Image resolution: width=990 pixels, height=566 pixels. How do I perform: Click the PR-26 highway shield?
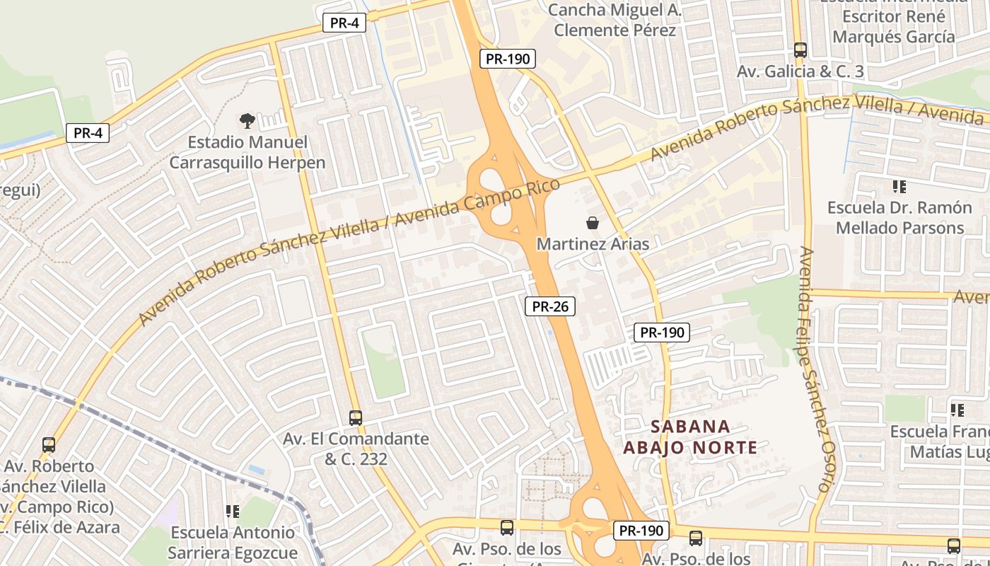(x=550, y=306)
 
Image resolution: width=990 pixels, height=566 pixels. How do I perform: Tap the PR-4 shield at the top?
(x=344, y=23)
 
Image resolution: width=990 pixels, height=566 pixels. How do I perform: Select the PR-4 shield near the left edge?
(x=88, y=132)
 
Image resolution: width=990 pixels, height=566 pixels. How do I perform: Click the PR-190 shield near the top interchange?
(x=507, y=59)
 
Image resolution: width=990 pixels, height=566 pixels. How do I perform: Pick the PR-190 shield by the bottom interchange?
(x=641, y=530)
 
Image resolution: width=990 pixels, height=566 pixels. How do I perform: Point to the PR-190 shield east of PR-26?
(x=661, y=332)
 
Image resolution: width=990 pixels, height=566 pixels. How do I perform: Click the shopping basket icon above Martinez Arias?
(x=593, y=223)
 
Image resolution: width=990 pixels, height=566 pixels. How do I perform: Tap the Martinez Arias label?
(x=593, y=244)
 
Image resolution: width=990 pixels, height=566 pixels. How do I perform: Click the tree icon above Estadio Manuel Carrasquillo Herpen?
(x=247, y=121)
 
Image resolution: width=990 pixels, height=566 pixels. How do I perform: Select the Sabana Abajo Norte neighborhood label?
(x=690, y=437)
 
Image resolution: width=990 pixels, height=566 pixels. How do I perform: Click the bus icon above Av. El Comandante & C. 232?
(x=356, y=417)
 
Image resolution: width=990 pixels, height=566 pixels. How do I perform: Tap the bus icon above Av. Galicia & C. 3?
(x=800, y=50)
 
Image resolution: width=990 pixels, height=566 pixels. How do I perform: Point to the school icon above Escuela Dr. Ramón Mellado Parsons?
(x=899, y=187)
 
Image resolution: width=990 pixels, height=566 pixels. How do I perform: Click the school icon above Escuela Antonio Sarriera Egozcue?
(x=232, y=511)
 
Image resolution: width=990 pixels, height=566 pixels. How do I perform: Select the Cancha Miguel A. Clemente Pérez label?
(x=615, y=20)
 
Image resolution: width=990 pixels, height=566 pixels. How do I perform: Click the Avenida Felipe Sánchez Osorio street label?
(x=814, y=368)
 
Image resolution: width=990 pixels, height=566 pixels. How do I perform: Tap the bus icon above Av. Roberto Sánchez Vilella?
(x=48, y=444)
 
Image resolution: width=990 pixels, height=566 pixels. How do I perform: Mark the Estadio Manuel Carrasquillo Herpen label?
(x=248, y=152)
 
